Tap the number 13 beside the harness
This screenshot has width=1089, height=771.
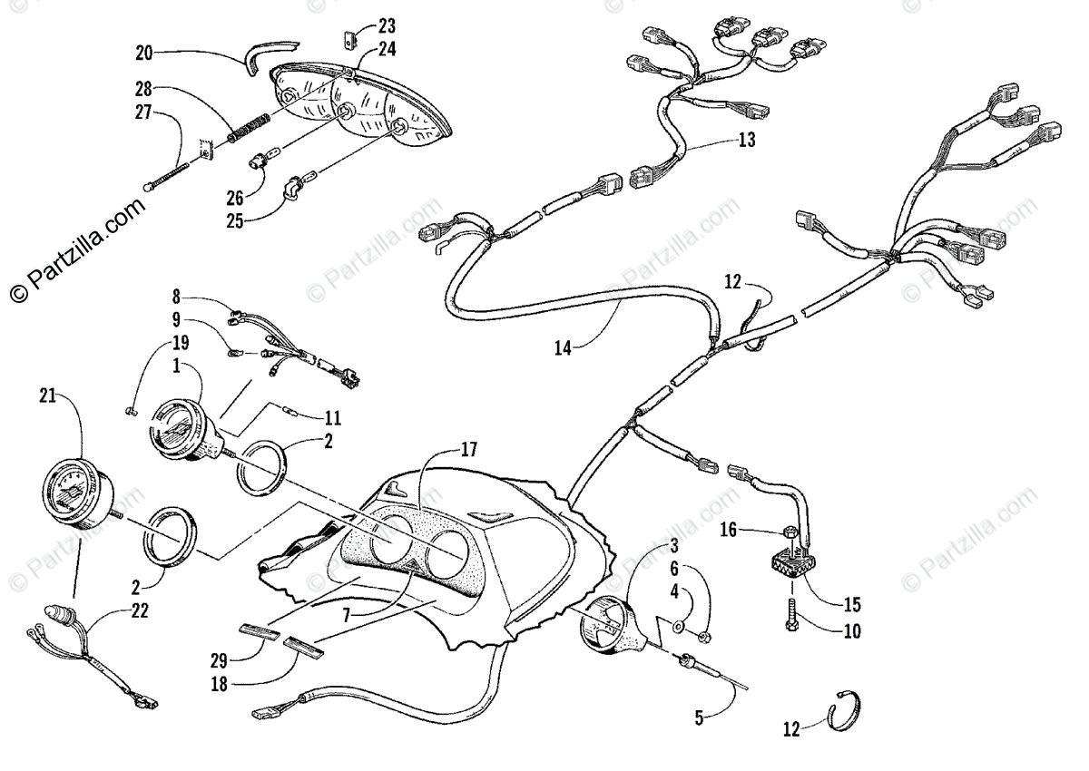click(746, 141)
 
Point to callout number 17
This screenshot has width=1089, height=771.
click(468, 449)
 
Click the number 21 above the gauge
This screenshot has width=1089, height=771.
click(48, 395)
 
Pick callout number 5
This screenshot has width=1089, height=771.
click(698, 719)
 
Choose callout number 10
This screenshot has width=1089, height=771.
click(851, 631)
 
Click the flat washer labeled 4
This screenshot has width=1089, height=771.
click(679, 626)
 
